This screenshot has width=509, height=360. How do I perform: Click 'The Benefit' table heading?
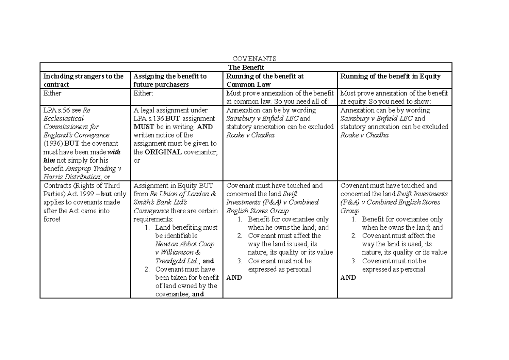pos(246,67)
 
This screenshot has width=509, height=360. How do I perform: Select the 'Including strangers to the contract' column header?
pos(84,80)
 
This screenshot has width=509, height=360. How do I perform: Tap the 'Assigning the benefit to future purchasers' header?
pos(170,80)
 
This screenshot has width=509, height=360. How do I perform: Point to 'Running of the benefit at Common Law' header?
pos(265,80)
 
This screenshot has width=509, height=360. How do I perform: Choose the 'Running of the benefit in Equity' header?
pos(390,76)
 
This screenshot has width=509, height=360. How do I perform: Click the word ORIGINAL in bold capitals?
pos(163,152)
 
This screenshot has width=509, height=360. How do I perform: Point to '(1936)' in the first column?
pos(53,143)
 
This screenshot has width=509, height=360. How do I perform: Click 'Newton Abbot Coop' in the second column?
pos(185,244)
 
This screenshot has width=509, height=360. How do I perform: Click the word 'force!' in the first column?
pos(52,219)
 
